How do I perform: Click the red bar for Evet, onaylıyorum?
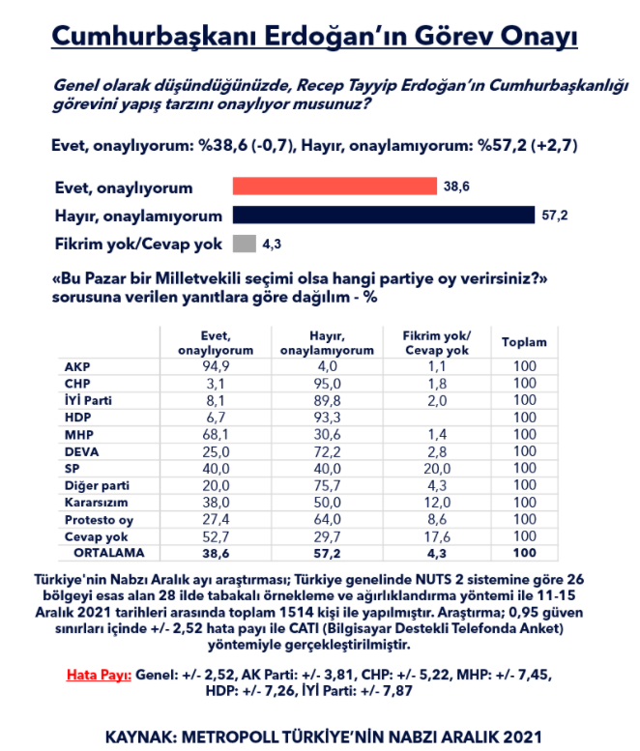(x=335, y=186)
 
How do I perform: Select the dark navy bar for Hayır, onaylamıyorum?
(x=384, y=215)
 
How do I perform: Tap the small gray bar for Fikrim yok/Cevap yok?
(x=245, y=243)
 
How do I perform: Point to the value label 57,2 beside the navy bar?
(x=555, y=216)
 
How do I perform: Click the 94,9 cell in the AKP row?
(x=217, y=365)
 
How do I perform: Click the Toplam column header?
(x=524, y=342)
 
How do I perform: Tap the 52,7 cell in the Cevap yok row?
(x=217, y=535)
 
